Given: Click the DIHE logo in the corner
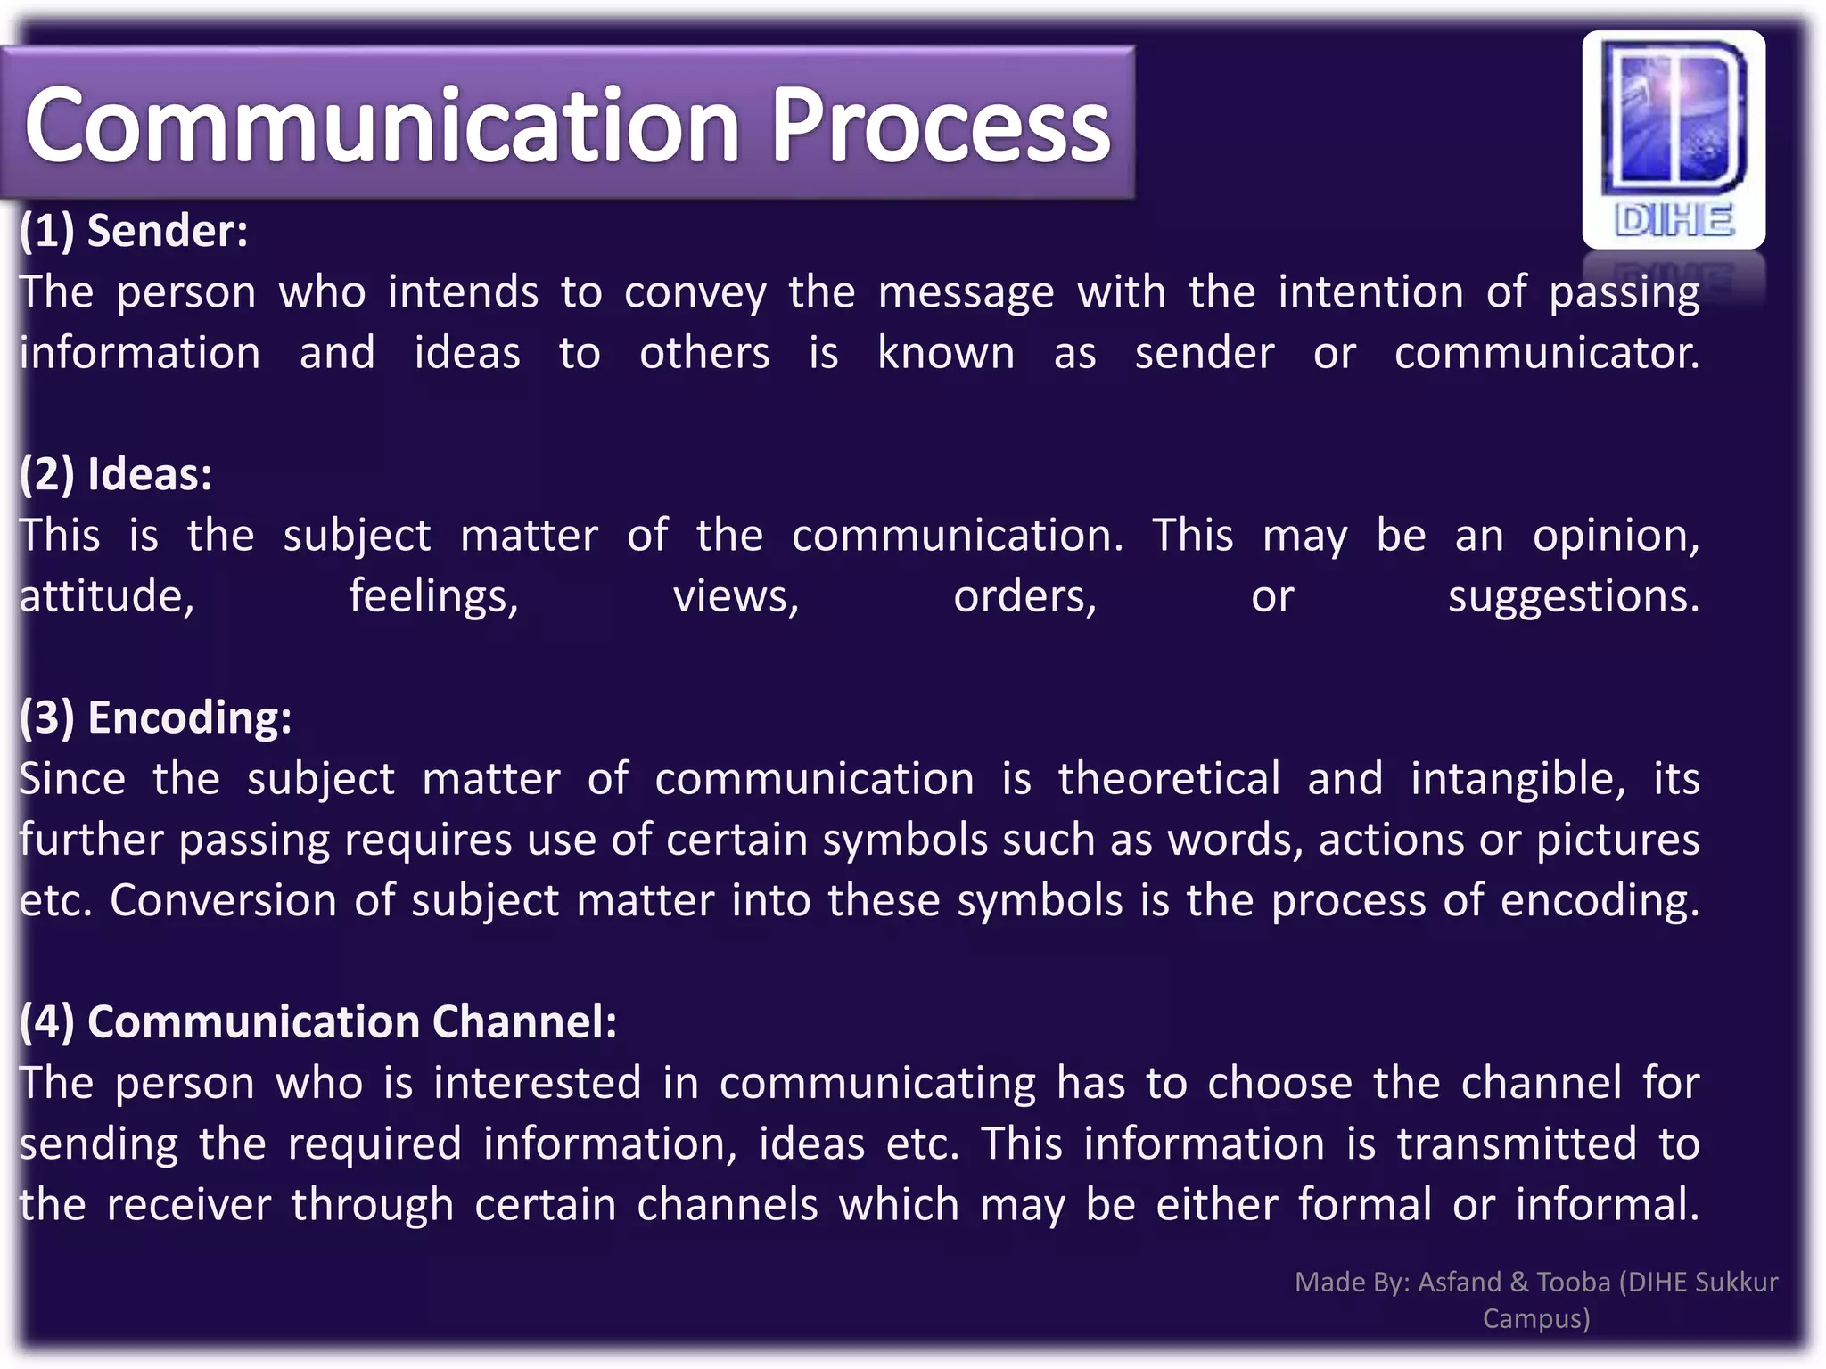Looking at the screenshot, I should [x=1674, y=140].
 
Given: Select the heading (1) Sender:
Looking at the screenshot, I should [x=134, y=231].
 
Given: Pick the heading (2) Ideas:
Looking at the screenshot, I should [x=116, y=474].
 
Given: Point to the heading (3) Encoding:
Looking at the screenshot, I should [x=155, y=717].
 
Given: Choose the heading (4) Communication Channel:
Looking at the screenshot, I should [x=318, y=1021].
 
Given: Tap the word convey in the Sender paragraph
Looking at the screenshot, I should [x=695, y=293].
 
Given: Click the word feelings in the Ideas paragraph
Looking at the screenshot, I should [x=433, y=596].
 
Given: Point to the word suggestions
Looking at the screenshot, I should [x=1574, y=596].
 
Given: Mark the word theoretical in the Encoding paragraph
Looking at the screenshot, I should [x=1169, y=779].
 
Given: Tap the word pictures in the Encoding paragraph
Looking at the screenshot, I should [x=1617, y=840].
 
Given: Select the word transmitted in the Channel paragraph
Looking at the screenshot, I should [x=1517, y=1144].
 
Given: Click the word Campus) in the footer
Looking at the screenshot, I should [x=1536, y=1318].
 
